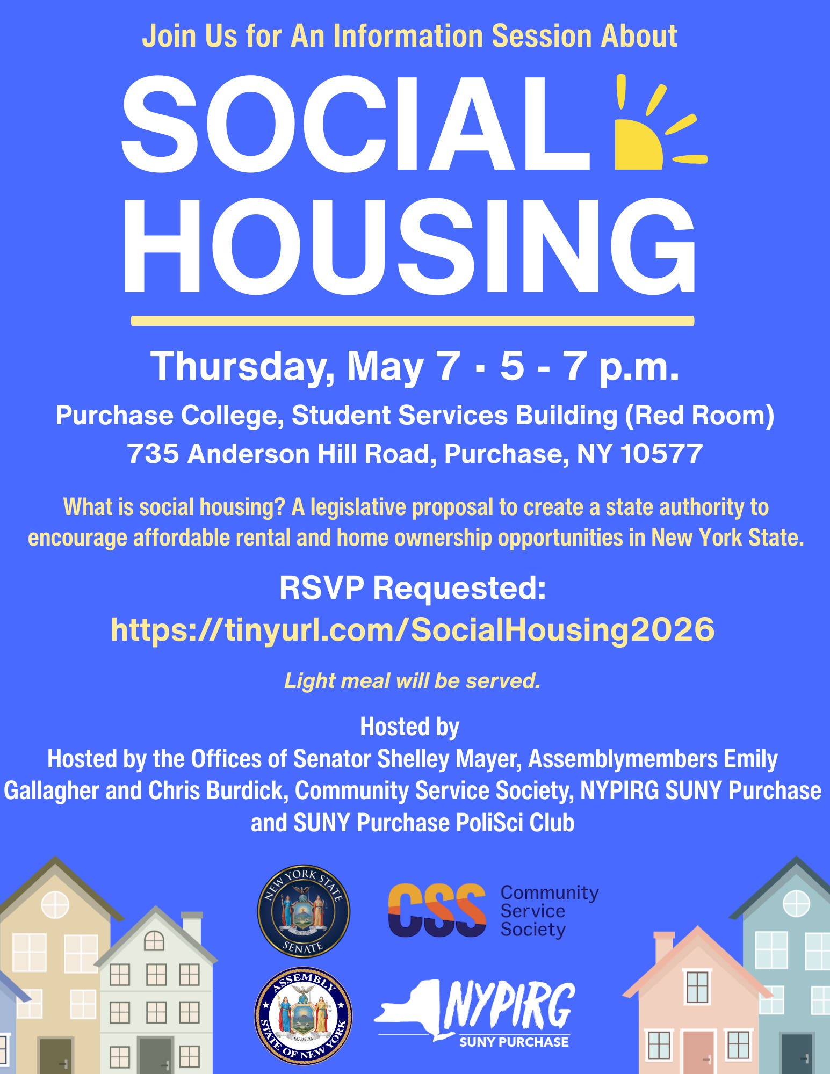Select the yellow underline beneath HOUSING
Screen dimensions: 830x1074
413,321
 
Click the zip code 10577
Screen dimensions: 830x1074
661,454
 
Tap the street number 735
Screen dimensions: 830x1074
153,454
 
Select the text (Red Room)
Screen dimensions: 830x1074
699,415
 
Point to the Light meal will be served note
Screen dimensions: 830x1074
413,680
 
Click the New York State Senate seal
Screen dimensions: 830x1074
304,911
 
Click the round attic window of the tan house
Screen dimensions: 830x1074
55,904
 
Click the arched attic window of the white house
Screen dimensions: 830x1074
154,940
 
